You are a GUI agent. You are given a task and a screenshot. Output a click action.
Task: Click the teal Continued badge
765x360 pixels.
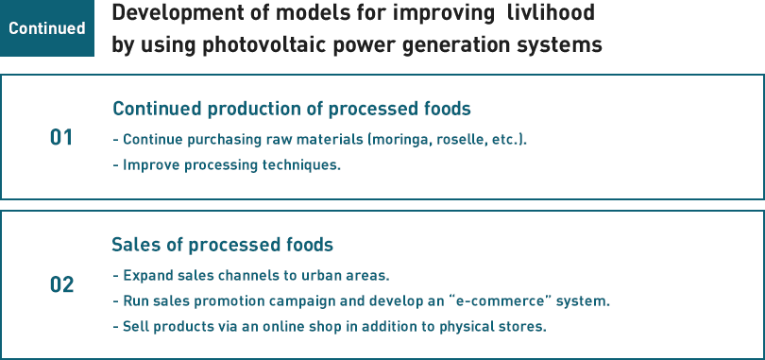47,28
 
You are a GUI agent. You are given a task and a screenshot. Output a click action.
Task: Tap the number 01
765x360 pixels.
61,138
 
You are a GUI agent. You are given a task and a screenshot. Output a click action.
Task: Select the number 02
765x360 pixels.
62,284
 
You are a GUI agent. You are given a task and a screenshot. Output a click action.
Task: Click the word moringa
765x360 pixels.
399,140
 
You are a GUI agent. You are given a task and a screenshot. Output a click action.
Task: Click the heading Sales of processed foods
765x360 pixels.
223,245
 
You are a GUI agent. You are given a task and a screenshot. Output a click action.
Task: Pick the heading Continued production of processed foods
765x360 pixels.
292,109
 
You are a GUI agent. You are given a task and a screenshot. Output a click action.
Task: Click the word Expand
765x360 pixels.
144,277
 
